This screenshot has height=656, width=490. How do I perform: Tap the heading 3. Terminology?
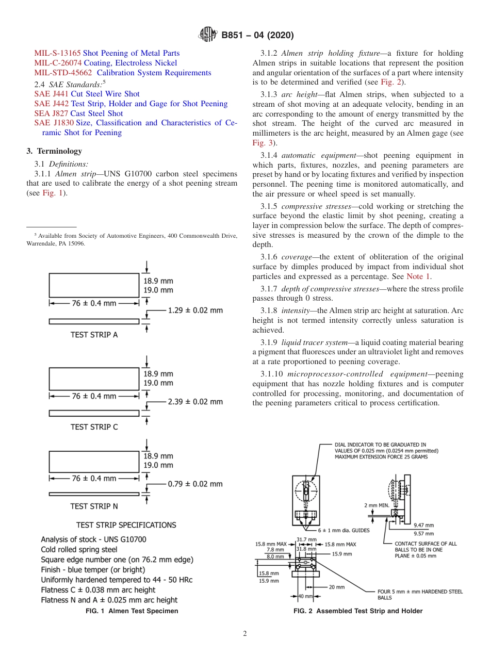point(54,151)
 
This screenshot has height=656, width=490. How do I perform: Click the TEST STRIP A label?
point(94,335)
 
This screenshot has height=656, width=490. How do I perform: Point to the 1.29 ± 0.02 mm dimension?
point(195,310)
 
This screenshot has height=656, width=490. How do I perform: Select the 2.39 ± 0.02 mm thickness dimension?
point(195,401)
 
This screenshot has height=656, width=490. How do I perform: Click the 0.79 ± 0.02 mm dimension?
point(195,484)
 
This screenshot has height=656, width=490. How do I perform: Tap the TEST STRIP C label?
point(94,427)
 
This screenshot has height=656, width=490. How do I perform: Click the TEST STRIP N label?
point(94,506)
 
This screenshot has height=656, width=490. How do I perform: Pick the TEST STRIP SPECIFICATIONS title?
point(126,525)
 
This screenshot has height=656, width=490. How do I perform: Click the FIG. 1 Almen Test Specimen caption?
point(132,611)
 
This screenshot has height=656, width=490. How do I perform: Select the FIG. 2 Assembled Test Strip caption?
point(357,611)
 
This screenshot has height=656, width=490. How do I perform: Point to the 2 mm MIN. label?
point(377,505)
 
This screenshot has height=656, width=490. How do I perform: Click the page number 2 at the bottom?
point(244,634)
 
